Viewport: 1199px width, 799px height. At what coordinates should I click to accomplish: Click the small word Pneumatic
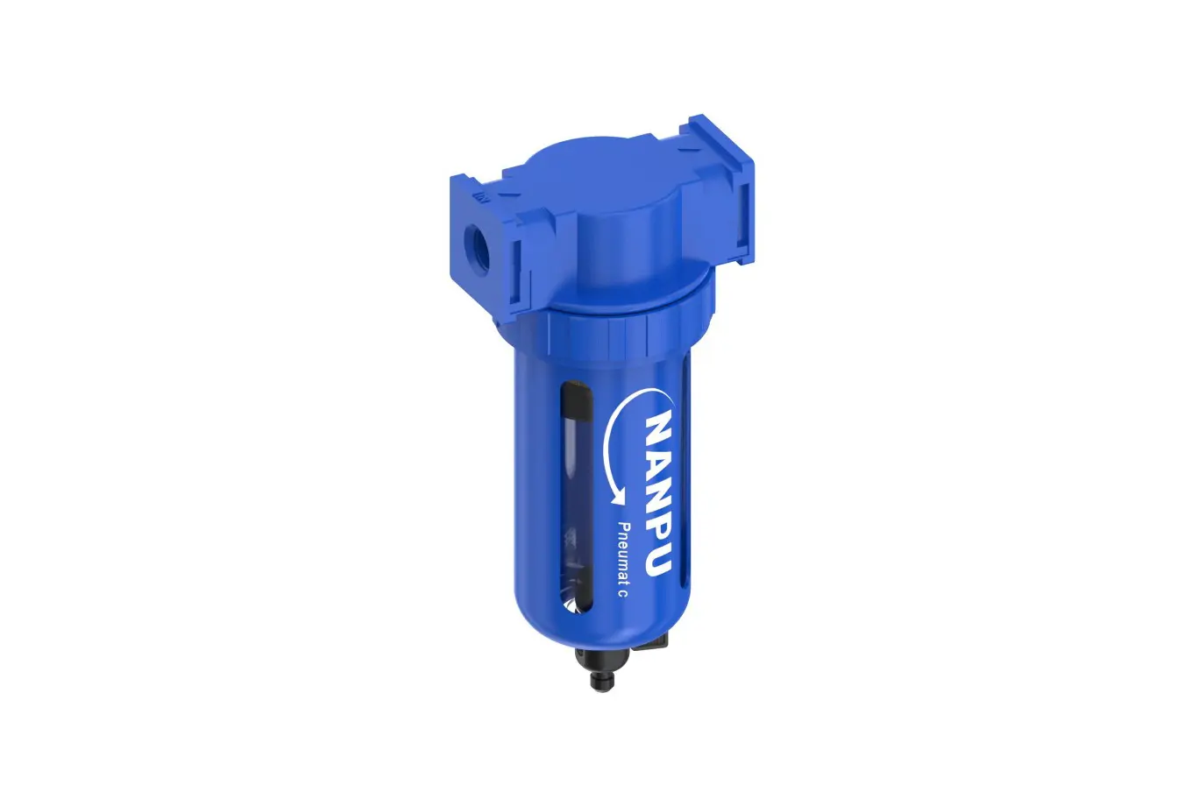pos(623,559)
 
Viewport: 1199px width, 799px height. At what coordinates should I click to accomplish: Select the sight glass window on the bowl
pos(576,496)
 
